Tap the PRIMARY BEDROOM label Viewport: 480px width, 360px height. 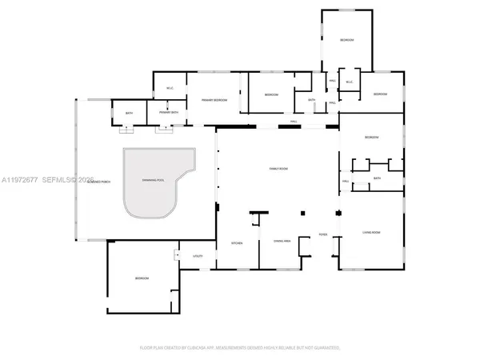[x=214, y=100]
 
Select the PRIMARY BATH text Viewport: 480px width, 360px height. [x=169, y=113]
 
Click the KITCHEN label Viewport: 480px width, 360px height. [x=237, y=242]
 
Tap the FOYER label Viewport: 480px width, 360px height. [x=323, y=234]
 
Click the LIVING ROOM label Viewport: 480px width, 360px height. [x=371, y=233]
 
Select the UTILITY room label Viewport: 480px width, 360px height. [x=198, y=256]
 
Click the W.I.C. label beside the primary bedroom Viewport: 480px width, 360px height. [x=170, y=88]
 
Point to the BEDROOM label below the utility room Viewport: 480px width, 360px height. [x=141, y=278]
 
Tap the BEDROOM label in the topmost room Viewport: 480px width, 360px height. [x=346, y=40]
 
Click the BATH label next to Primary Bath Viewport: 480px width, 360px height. [x=129, y=113]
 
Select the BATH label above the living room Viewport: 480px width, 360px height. [x=376, y=179]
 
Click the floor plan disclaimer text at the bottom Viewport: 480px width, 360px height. [x=240, y=348]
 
